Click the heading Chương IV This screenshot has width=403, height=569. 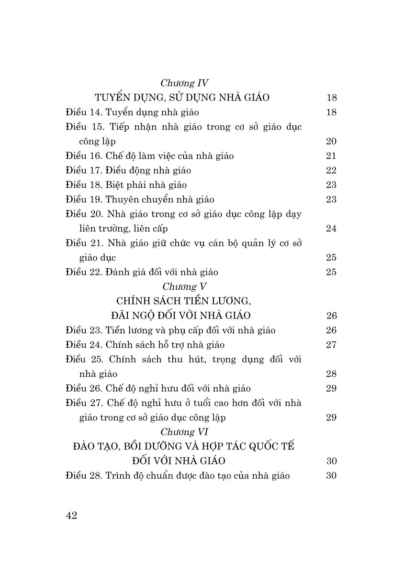pyautogui.click(x=184, y=83)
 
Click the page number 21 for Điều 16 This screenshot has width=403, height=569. pyautogui.click(x=331, y=156)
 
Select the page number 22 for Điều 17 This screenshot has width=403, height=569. pyautogui.click(x=331, y=171)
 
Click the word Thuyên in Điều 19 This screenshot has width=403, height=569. pyautogui.click(x=121, y=200)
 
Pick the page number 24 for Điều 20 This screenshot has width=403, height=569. pyautogui.click(x=331, y=229)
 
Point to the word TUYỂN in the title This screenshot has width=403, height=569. pyautogui.click(x=113, y=98)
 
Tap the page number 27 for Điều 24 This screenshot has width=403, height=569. pyautogui.click(x=331, y=345)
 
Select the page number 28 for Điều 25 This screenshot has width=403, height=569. pyautogui.click(x=331, y=374)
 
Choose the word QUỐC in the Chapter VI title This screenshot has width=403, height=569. pyautogui.click(x=259, y=447)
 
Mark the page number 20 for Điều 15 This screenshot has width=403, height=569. pyautogui.click(x=331, y=142)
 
